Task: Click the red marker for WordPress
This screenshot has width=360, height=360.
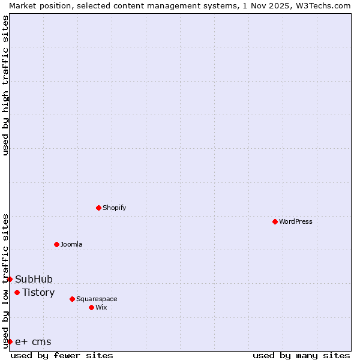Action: pos(275,221)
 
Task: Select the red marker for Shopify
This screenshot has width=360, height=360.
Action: pos(98,208)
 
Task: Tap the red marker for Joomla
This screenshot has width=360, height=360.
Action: pos(56,244)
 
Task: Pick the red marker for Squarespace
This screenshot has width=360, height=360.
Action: pos(72,299)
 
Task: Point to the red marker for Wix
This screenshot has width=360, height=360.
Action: pos(91,307)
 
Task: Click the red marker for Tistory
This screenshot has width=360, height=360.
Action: pos(17,292)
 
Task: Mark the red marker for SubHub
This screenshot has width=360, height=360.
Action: pos(10,279)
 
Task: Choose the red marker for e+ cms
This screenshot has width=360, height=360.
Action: pos(10,341)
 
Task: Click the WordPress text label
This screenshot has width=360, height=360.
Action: pos(295,221)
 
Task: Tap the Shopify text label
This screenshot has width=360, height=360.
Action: pos(114,208)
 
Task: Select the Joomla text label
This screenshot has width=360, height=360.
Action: pos(71,244)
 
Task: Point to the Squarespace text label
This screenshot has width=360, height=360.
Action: pos(97,299)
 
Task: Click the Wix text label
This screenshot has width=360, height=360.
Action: pos(101,307)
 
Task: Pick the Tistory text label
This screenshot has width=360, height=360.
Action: pos(38,292)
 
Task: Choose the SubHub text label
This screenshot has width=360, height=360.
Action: pos(34,279)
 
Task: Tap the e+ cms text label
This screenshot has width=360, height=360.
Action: pos(33,341)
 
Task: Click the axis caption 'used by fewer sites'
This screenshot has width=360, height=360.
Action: pos(62,355)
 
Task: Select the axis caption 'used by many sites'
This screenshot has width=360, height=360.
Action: pos(301,355)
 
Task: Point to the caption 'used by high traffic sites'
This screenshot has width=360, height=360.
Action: pos(5,85)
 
